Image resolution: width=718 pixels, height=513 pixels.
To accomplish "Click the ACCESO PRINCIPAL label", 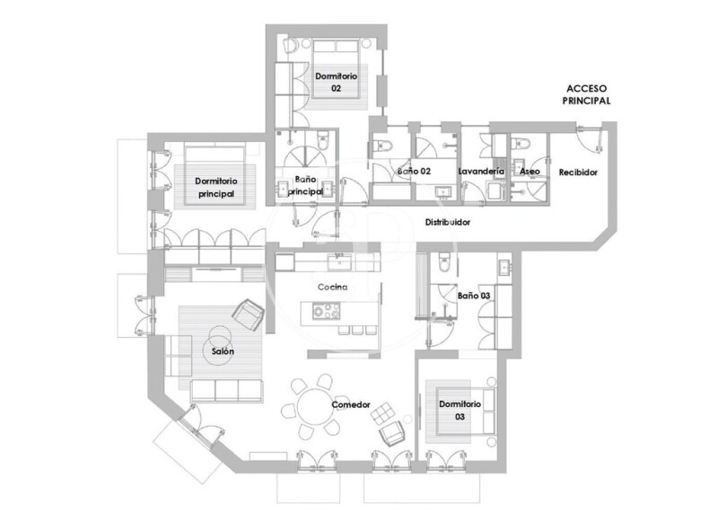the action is coord(587,94).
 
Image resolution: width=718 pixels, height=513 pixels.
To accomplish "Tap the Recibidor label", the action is coord(578,172).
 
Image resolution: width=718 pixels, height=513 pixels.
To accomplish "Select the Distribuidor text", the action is coord(448,222).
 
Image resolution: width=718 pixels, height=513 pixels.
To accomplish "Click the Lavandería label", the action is coord(481,171).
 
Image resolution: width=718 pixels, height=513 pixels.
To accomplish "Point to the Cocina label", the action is coord(332,287).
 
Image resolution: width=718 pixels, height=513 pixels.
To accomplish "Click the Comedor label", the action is coord(351,405).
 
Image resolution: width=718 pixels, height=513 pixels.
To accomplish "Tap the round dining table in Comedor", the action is coord(316,405).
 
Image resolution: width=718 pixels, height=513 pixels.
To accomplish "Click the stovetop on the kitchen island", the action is coord(327,311).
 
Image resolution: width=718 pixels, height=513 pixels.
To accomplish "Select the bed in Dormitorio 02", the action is coord(336,69).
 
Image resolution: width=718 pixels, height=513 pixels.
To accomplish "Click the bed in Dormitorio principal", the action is coord(215,174).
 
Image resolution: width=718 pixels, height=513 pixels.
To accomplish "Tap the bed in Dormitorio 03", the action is coord(466,411).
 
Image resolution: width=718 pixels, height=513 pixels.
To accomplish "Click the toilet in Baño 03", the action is coord(445,262).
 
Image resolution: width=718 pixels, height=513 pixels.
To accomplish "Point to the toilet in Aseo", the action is coord(522,143).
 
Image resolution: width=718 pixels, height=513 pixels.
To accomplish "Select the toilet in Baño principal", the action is coord(323,140).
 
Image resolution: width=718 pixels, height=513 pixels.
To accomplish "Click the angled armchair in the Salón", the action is coord(249,314).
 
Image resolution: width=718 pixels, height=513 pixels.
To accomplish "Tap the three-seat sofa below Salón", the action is coord(226,391).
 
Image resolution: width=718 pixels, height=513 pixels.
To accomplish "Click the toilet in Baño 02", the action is coord(383,146).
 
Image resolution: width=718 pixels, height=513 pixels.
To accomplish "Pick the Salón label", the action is coord(223,351).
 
